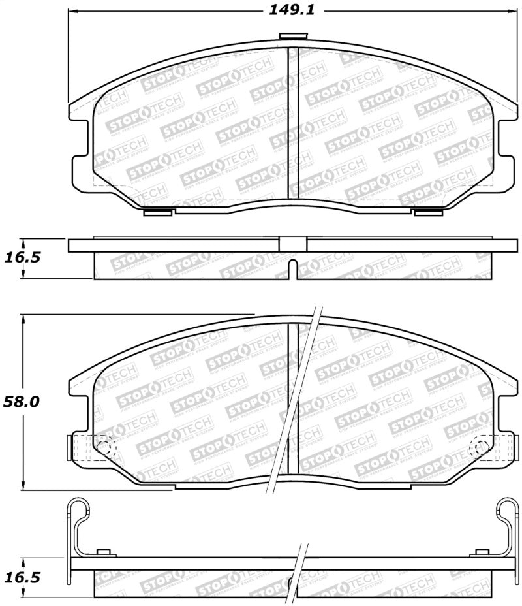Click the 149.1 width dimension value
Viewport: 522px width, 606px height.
pyautogui.click(x=288, y=10)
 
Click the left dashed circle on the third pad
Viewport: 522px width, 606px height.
pyautogui.click(x=104, y=447)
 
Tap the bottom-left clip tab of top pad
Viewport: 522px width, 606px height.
pyautogui.click(x=157, y=212)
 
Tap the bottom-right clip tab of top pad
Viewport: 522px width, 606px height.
pyautogui.click(x=427, y=212)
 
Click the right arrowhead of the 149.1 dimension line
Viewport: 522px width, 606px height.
pyautogui.click(x=513, y=11)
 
